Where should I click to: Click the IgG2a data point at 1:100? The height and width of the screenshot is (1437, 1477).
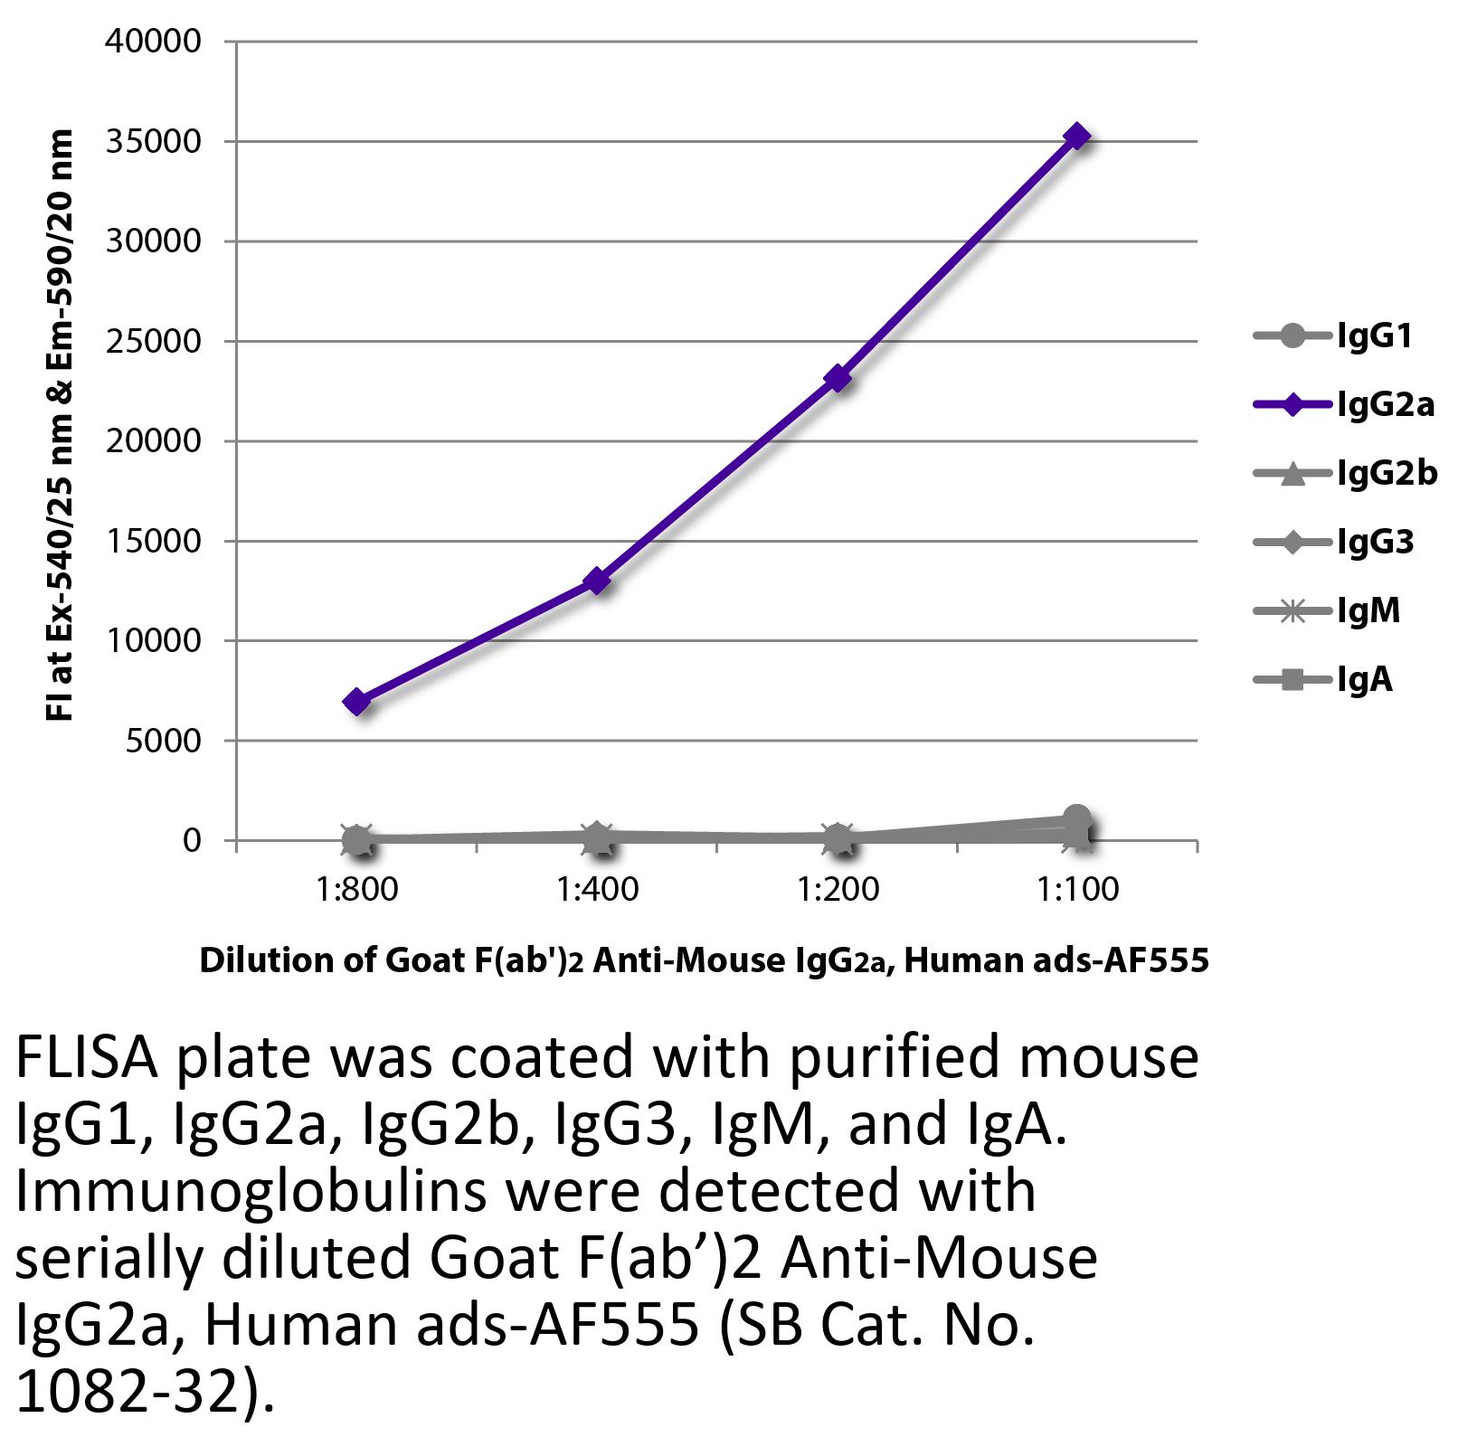[x=1076, y=137]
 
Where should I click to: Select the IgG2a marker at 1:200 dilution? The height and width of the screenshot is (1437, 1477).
[x=838, y=378]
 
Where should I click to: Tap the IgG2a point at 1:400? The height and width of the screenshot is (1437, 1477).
[x=597, y=581]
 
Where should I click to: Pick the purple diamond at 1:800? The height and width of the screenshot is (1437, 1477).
[x=356, y=702]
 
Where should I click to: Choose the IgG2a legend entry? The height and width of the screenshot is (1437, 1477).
[x=1344, y=405]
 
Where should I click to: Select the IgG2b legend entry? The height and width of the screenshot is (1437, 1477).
[x=1346, y=473]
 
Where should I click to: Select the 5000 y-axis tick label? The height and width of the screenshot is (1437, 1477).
[x=162, y=741]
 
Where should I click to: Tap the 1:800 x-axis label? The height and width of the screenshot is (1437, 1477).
[x=357, y=889]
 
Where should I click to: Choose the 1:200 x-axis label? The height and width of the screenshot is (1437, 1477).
[x=838, y=889]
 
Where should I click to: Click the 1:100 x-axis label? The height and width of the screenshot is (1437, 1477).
[x=1077, y=889]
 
